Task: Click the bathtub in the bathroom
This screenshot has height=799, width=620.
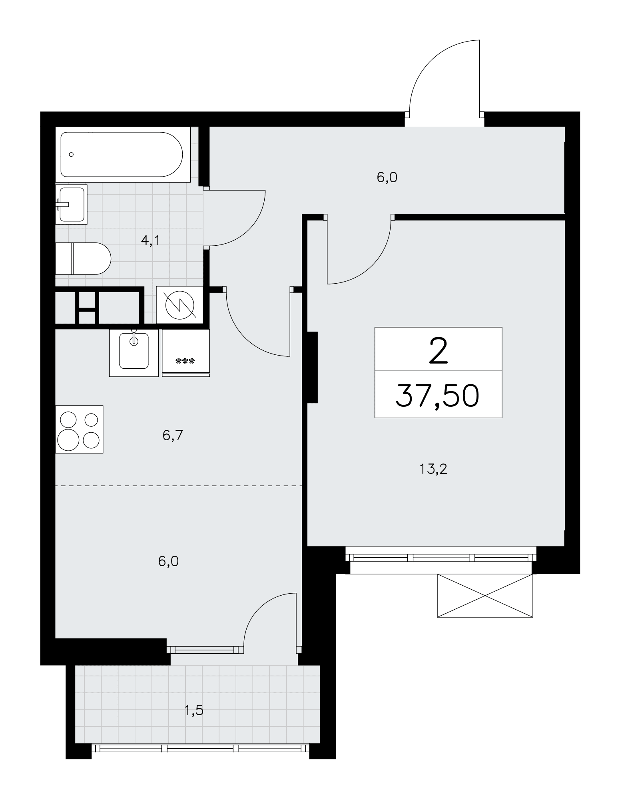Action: coord(122,154)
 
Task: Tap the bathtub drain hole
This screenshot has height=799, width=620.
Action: coord(71,155)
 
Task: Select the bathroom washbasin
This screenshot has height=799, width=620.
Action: coord(71,204)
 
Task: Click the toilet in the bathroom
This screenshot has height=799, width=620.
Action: coord(83,258)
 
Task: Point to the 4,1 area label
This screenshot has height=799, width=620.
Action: coord(150,240)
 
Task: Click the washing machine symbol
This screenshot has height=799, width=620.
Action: coord(179,305)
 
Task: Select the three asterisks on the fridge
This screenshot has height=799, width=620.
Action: coord(185,361)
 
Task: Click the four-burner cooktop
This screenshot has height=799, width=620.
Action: coord(79,429)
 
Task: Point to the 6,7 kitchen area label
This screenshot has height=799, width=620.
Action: coord(173,435)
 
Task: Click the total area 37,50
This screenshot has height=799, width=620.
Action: coord(438,396)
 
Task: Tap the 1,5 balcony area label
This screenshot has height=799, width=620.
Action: coord(194,710)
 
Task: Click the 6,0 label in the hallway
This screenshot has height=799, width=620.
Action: coord(387,177)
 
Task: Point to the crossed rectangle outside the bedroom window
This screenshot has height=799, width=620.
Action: coord(485,596)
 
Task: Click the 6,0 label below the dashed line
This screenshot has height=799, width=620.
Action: coord(168,561)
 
